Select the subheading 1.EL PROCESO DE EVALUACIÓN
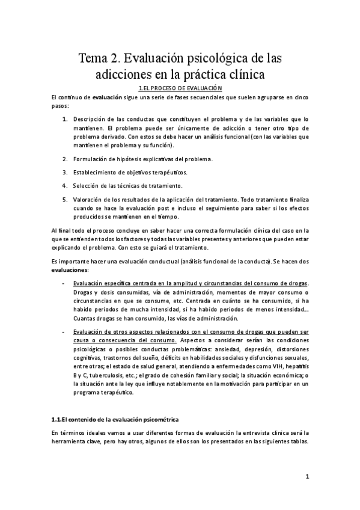(x=180, y=88)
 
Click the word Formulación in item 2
(x=91, y=159)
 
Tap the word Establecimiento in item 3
(x=98, y=171)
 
